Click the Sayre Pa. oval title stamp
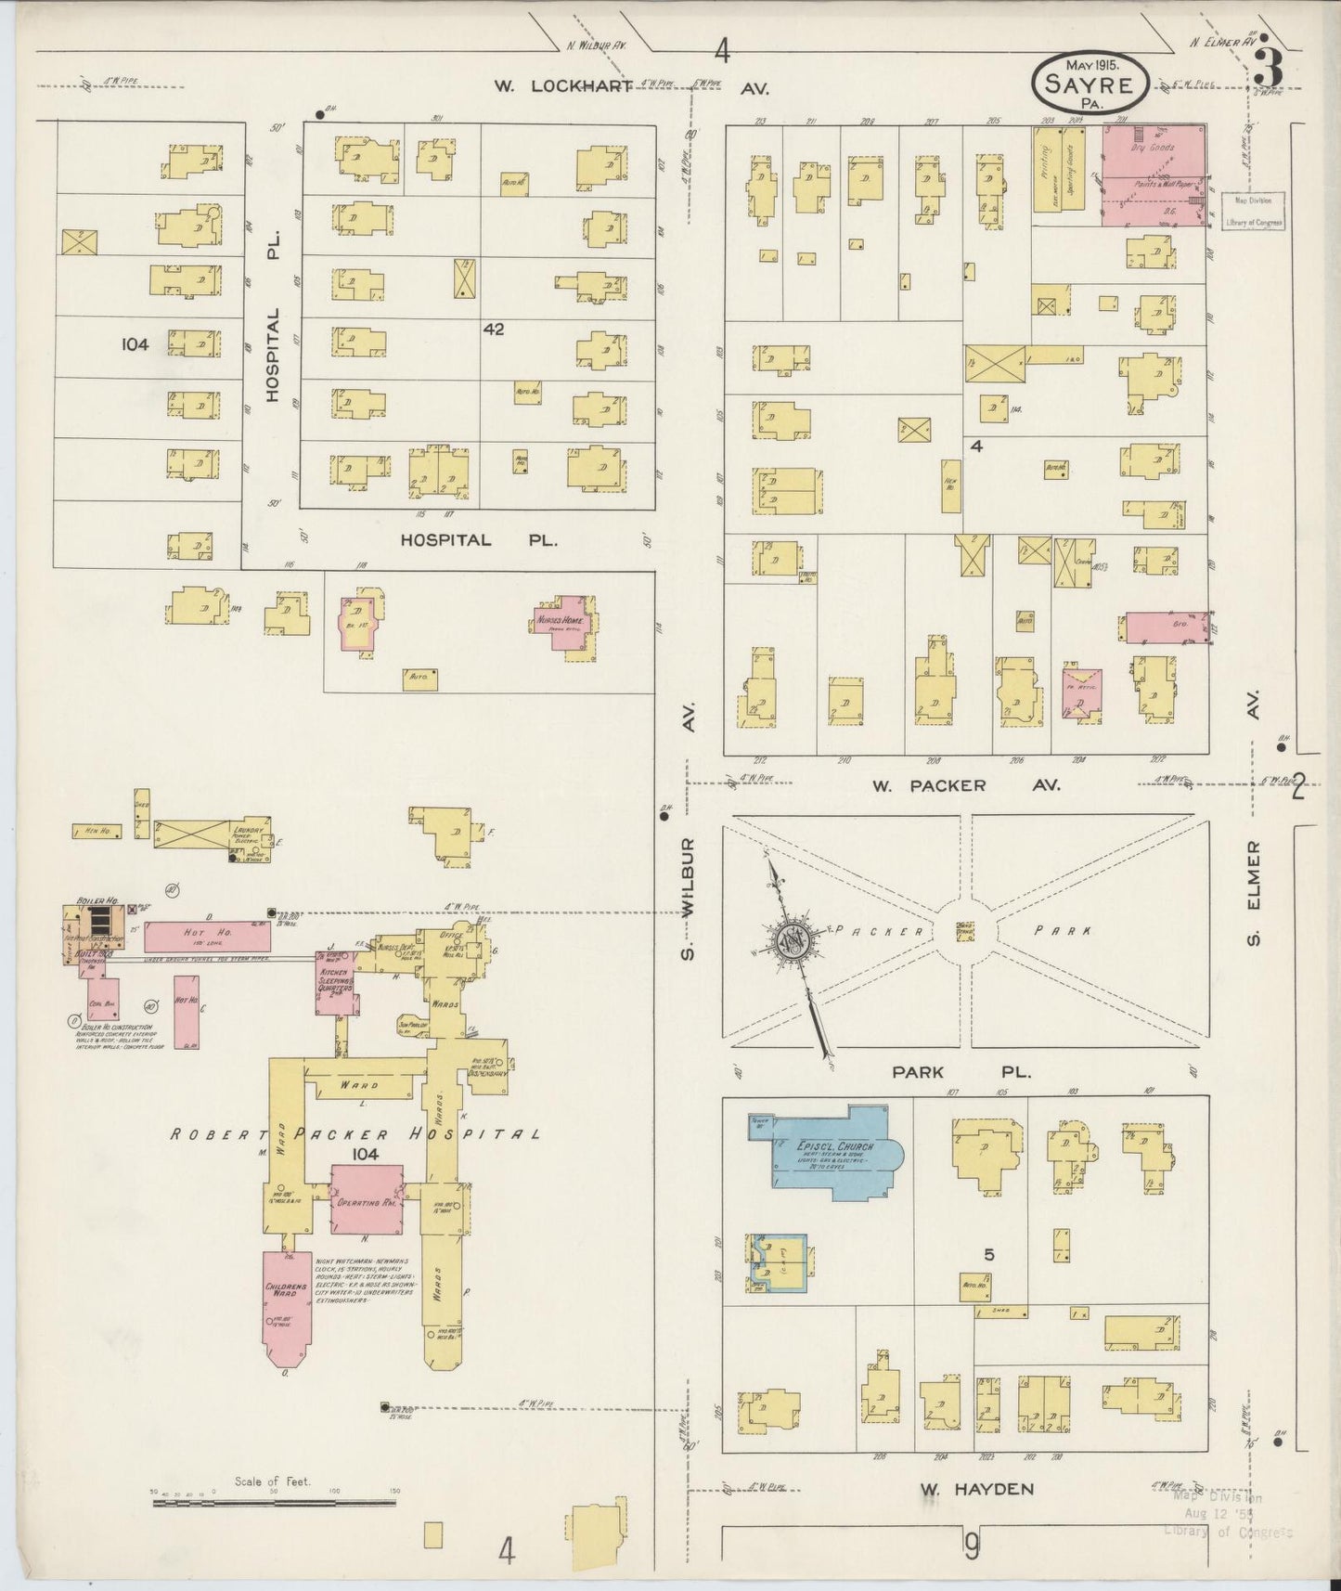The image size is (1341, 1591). tap(1090, 83)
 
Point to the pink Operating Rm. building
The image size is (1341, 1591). tap(367, 1201)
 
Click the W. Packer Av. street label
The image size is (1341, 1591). tap(965, 785)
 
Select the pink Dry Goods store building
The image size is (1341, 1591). tap(1153, 174)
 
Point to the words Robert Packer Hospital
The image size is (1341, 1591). tap(356, 1134)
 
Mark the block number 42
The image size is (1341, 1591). tap(493, 329)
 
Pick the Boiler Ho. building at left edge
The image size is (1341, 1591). tap(94, 932)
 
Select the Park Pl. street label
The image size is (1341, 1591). tap(961, 1071)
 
